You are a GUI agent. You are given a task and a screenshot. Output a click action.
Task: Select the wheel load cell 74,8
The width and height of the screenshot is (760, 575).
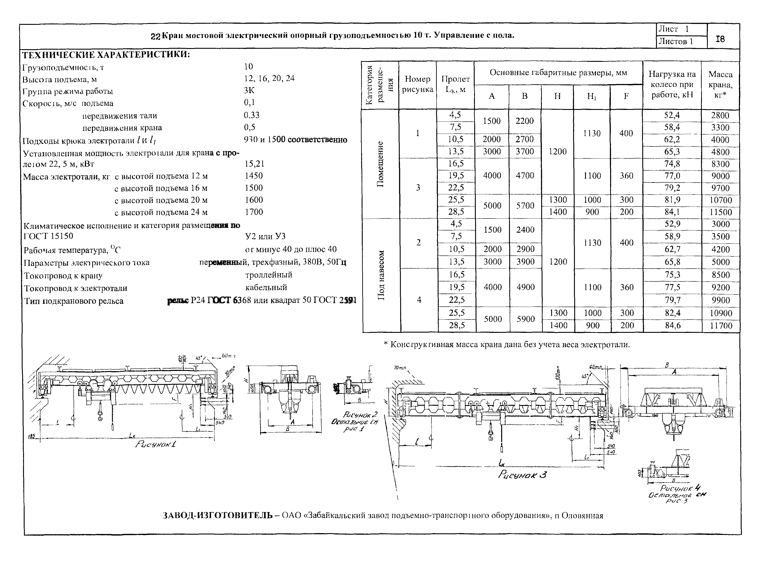(672, 164)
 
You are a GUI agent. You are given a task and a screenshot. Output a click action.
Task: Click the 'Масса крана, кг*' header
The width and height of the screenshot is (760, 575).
(720, 84)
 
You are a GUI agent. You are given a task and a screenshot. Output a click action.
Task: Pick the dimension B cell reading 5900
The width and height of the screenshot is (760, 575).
(526, 319)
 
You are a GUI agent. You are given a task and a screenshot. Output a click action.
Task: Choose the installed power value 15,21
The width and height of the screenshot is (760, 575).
(255, 164)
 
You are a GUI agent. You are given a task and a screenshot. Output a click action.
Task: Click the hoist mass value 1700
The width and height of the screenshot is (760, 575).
(254, 212)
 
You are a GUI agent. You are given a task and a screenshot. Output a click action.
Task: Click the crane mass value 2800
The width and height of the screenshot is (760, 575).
(720, 115)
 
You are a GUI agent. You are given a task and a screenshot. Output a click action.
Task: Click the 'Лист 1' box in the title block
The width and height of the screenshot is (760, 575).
(673, 29)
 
